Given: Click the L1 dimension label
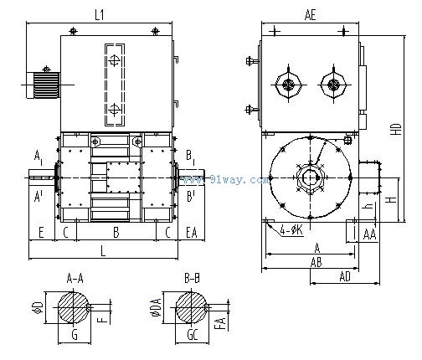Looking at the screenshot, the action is pos(100,14).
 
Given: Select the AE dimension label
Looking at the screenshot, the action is pos(311,14).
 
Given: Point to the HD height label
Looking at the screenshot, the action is pos(396,129).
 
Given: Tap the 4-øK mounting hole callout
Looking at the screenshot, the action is pos(291,230).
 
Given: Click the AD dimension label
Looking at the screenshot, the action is pos(345,276).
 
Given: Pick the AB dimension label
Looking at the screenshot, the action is pos(316,262).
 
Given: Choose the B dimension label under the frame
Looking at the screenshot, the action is pos(116,232).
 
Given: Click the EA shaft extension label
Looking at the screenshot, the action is pos(192,232).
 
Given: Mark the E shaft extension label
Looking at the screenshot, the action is pos(41,232).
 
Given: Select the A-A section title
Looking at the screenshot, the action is pos(75,278).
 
